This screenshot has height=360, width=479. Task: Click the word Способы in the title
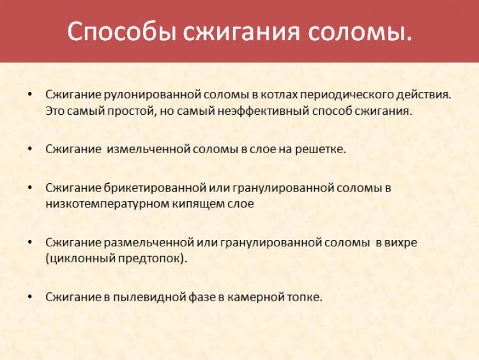pos(121,31)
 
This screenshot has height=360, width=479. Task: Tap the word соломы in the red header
pos(360,31)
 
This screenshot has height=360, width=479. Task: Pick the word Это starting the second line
pos(55,111)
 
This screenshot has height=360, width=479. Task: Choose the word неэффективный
pos(263,111)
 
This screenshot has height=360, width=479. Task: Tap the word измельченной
pos(148,149)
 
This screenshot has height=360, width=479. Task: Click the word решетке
pos(320,149)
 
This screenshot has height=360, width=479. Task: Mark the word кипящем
pos(198,204)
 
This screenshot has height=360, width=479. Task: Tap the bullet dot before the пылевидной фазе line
pos(29,296)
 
